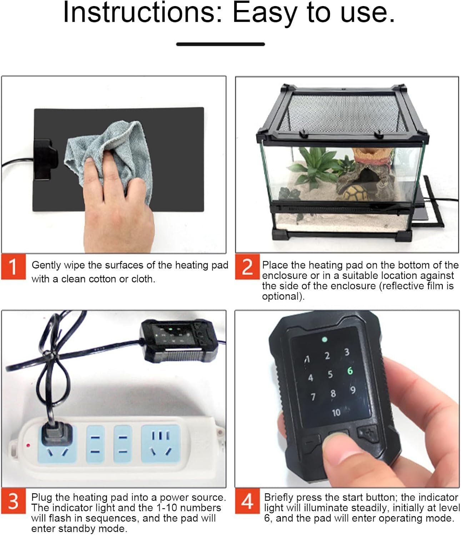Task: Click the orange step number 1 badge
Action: (13, 267)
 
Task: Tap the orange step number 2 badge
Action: (247, 267)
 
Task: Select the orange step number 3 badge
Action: (13, 501)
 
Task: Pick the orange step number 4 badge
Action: (247, 501)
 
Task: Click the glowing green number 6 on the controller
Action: (350, 371)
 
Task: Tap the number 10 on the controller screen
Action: (336, 413)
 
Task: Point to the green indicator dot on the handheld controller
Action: (325, 339)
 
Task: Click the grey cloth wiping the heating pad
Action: (109, 155)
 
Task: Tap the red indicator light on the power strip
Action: (28, 445)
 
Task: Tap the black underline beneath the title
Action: (221, 44)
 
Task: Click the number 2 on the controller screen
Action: (327, 356)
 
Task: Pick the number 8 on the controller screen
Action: (333, 393)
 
